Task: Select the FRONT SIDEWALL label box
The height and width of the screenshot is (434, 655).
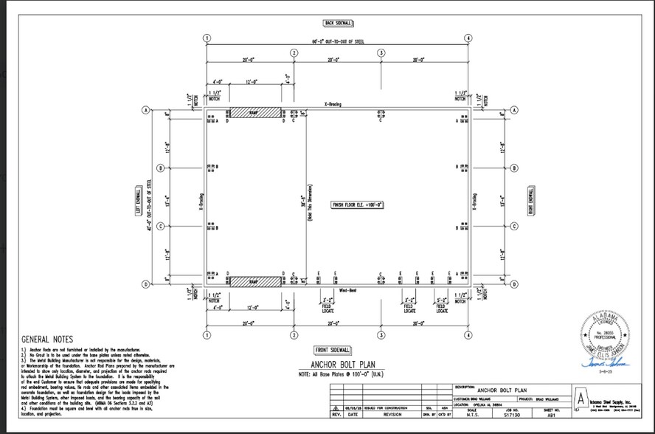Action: [x=333, y=349]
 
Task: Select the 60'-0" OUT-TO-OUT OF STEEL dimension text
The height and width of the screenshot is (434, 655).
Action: [x=337, y=41]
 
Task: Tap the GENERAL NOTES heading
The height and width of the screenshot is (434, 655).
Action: [x=48, y=340]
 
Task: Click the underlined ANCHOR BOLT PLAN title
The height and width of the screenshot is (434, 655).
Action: [x=333, y=365]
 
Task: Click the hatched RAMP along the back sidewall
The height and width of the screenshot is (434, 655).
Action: [x=254, y=113]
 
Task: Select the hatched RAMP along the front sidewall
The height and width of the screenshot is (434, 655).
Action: [x=254, y=281]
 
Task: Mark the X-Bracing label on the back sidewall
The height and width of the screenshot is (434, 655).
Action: [x=333, y=105]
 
